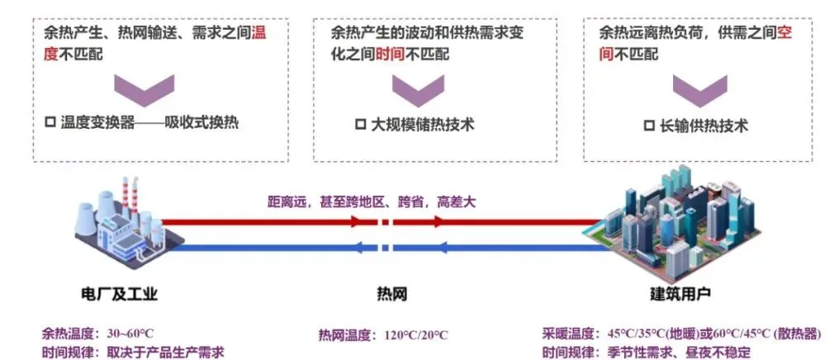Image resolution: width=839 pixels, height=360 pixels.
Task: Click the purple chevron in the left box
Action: coord(144,87)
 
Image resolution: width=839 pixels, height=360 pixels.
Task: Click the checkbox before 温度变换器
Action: coord(49,123)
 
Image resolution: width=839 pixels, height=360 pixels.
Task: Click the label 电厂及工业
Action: coord(119,294)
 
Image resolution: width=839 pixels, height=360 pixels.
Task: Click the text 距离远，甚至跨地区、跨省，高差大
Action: coord(372,200)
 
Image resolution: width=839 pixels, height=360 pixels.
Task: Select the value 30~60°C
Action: coord(130,334)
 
